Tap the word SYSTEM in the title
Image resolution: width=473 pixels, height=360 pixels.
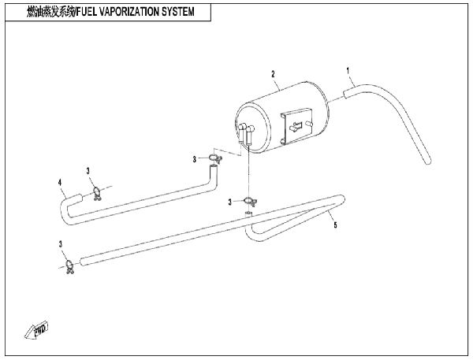click(x=178, y=12)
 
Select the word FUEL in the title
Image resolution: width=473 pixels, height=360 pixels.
click(x=87, y=12)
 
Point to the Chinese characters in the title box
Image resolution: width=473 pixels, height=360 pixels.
click(x=50, y=12)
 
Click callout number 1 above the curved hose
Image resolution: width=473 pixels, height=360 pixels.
click(x=348, y=71)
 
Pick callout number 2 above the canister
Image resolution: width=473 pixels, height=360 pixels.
click(x=273, y=74)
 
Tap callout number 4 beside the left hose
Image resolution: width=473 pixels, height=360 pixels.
click(x=60, y=183)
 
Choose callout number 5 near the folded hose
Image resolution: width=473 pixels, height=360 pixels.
click(x=335, y=225)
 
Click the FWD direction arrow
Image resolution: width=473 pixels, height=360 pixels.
click(x=37, y=330)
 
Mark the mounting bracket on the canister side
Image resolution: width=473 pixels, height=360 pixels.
click(x=296, y=125)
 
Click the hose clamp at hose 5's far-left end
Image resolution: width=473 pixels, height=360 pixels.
click(x=69, y=267)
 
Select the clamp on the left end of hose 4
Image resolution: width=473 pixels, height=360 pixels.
click(x=97, y=193)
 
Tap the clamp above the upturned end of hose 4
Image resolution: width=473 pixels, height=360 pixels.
click(x=215, y=158)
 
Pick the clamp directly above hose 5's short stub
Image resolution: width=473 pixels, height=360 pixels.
click(x=250, y=202)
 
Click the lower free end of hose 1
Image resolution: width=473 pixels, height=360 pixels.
click(x=428, y=161)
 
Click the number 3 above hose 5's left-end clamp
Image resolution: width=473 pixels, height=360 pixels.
click(x=61, y=244)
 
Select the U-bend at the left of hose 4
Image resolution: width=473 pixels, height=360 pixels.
click(x=66, y=213)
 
